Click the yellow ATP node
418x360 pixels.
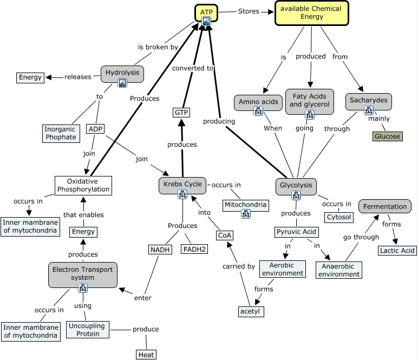coord(206,12)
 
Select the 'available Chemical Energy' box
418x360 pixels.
coord(311,13)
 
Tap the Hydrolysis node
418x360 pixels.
coord(122,73)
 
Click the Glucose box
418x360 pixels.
coord(387,136)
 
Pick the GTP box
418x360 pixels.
coord(181,113)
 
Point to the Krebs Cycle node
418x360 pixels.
coord(182,184)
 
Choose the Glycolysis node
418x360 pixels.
coord(296,185)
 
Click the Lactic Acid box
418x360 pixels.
coord(397,250)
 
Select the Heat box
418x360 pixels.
coord(146,355)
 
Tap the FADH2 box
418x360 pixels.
coord(194,249)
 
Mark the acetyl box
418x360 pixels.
coord(251,311)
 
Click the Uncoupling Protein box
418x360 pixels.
coord(87,329)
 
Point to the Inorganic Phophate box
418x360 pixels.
coord(61,133)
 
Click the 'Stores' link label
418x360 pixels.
coord(249,11)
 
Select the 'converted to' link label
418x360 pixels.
coord(193,68)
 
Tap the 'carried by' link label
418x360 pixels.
coord(238,266)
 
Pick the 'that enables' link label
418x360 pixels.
coord(84,215)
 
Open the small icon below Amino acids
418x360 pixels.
coord(258,112)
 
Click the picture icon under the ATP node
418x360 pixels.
coord(206,22)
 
